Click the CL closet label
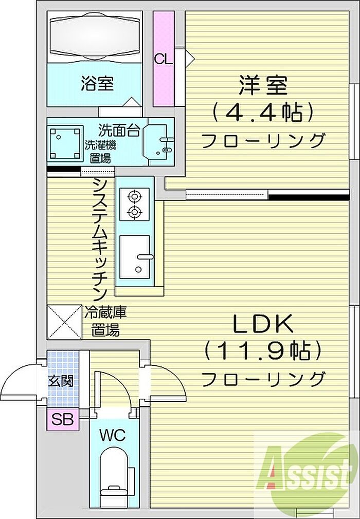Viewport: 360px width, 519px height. click(163, 59)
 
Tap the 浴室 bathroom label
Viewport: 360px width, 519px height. click(97, 84)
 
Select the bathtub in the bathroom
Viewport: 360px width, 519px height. click(95, 37)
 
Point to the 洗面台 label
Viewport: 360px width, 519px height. click(119, 131)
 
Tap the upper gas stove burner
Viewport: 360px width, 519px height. click(134, 197)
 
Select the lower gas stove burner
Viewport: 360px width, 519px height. click(134, 211)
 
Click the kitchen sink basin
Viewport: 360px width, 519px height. click(134, 257)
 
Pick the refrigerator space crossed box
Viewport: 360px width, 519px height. click(65, 322)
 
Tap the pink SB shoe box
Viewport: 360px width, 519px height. click(63, 419)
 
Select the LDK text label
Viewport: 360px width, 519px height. click(263, 324)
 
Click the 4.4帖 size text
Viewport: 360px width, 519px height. click(263, 113)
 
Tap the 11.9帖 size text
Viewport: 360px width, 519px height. click(263, 351)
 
